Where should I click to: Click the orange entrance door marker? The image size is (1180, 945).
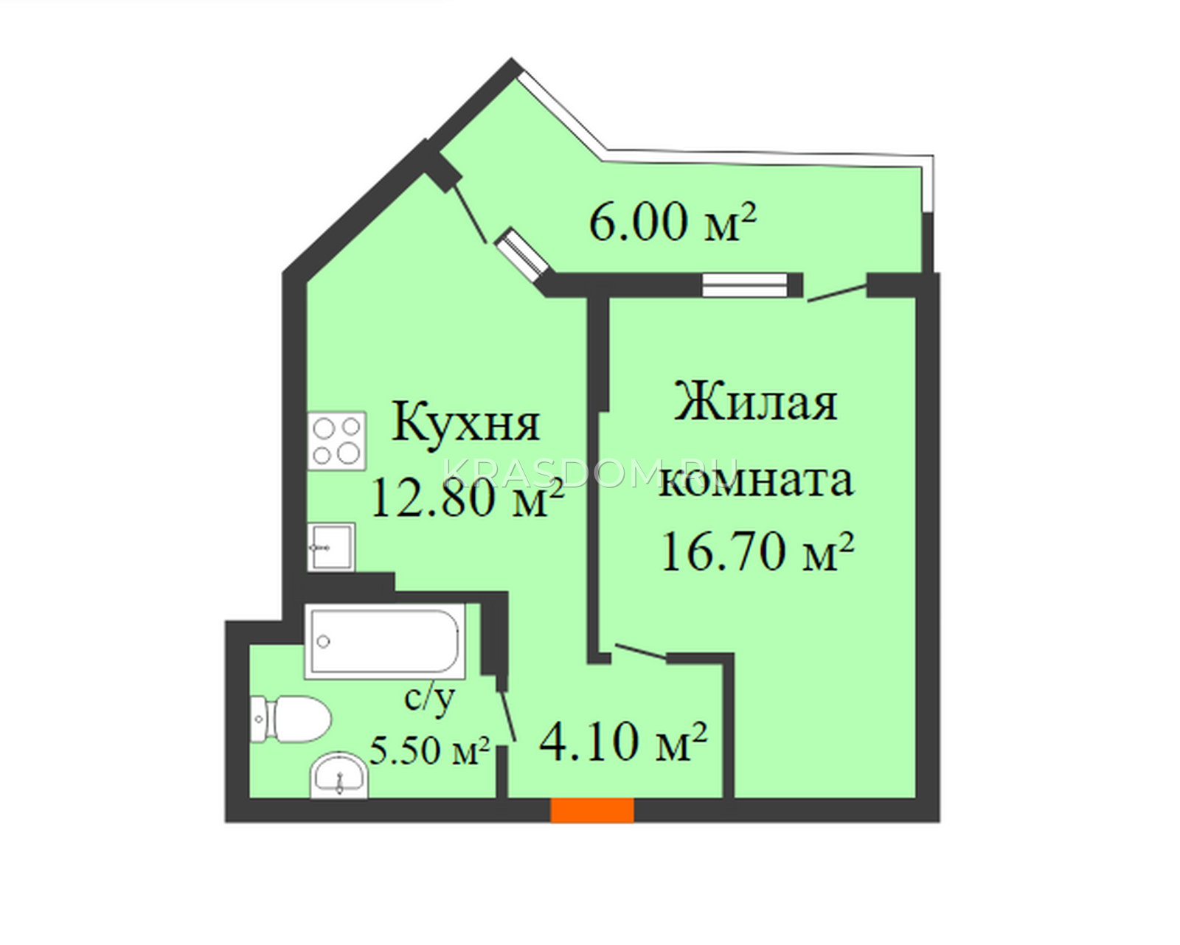[592, 810]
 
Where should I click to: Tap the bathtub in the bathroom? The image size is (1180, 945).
[385, 641]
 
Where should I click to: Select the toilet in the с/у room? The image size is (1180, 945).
[291, 719]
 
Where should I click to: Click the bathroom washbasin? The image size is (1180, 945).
[339, 775]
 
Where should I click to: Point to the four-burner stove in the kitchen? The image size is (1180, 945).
[337, 442]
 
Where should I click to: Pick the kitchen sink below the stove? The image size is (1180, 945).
[331, 547]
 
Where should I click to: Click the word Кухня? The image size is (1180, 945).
[466, 423]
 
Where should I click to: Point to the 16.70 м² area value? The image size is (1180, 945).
[758, 551]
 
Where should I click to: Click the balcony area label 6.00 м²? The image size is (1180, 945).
[673, 221]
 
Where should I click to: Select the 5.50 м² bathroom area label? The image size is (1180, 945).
[429, 750]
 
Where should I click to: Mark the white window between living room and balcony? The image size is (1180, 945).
[745, 285]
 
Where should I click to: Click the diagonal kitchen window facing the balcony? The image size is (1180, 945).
[521, 255]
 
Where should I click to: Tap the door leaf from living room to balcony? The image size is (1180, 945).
[837, 293]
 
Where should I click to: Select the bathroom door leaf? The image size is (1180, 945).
[507, 716]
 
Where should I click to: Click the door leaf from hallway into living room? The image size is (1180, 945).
[641, 651]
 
